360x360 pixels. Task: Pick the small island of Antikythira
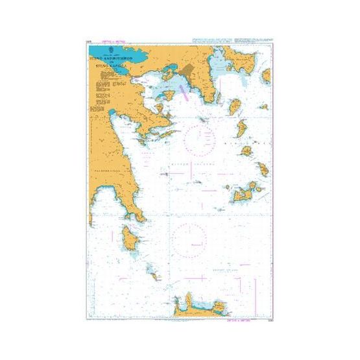(154, 275)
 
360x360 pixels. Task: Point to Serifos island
(247, 151)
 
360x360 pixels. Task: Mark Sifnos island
(264, 170)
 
